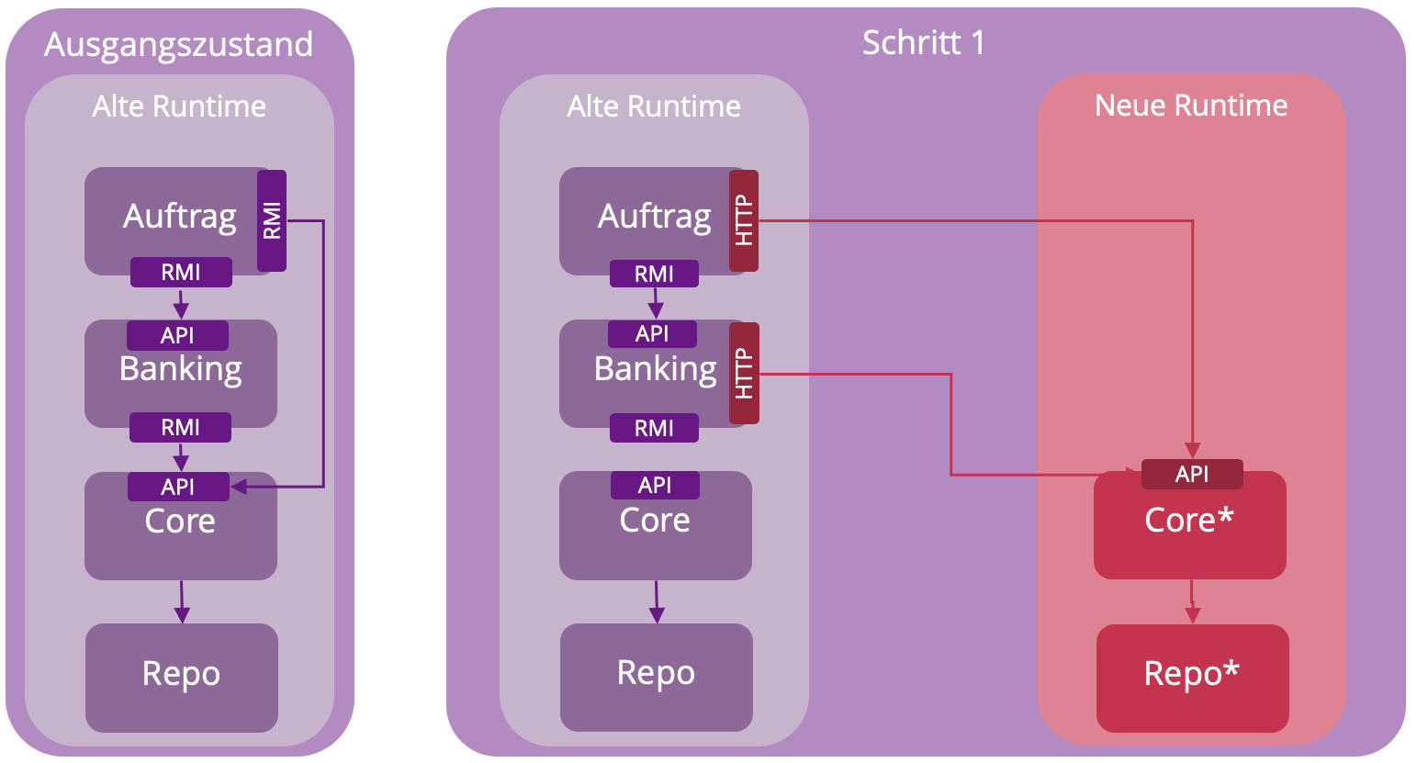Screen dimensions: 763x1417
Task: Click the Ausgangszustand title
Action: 179,44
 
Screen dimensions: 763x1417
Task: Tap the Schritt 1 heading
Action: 923,42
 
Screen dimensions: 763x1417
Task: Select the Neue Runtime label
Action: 1191,106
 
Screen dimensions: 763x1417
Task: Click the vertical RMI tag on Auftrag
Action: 272,220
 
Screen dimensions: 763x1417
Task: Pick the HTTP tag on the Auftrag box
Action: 744,220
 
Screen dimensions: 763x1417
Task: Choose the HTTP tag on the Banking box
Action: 744,373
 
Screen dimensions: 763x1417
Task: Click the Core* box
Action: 1189,525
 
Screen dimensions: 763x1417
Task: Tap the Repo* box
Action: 1192,678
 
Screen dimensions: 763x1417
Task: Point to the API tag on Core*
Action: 1192,474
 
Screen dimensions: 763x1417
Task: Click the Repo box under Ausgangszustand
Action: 181,678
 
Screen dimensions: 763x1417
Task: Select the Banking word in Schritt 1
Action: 655,369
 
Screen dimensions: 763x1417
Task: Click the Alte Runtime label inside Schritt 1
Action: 654,107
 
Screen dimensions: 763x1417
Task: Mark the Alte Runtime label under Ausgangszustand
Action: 179,107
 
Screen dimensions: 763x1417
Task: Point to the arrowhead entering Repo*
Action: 1192,616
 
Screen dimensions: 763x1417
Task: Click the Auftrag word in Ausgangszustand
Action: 180,217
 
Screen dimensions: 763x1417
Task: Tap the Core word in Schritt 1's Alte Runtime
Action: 655,521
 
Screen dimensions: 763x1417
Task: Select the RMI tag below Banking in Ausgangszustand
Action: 180,428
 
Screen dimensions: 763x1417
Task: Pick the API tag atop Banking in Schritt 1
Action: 652,334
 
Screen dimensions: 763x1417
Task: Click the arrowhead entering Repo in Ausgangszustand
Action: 182,615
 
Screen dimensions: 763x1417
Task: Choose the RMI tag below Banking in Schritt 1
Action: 654,428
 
